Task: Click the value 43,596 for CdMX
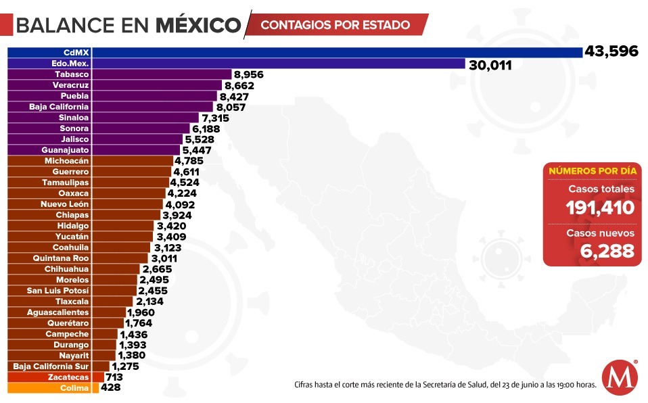(611, 52)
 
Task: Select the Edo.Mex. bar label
(70, 64)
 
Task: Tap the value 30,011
(489, 65)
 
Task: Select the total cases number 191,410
(601, 208)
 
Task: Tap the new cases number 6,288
(607, 251)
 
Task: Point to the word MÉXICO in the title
(198, 25)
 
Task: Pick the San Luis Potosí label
(57, 291)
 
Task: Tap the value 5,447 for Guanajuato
(198, 150)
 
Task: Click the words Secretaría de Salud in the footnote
(450, 385)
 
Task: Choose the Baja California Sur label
(51, 366)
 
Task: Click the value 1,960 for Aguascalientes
(141, 312)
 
